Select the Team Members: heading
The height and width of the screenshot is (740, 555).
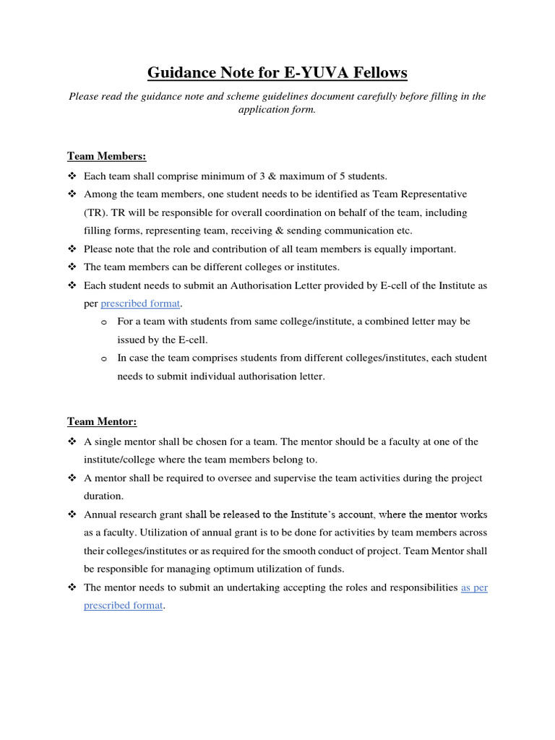pos(107,156)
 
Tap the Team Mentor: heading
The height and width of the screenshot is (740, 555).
pos(102,421)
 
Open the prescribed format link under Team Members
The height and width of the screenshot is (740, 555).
pos(140,304)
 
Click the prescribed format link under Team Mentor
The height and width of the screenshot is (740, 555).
pos(124,606)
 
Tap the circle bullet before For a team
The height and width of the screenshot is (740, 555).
pos(104,322)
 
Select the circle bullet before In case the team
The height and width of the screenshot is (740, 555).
pos(104,358)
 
